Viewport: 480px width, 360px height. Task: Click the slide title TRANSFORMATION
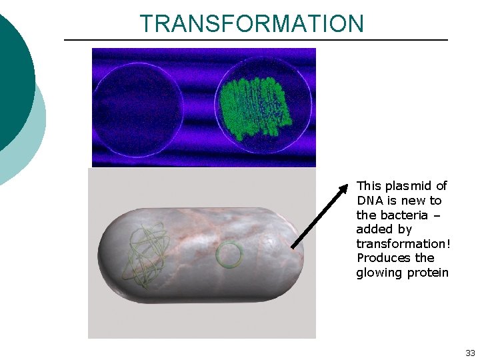tap(252, 23)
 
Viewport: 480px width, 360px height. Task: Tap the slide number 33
tap(470, 353)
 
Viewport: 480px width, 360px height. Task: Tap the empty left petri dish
tap(139, 108)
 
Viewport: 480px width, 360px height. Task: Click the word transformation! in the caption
tap(403, 243)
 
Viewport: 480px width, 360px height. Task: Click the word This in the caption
tap(368, 186)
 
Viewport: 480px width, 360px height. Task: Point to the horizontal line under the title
tap(255, 40)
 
